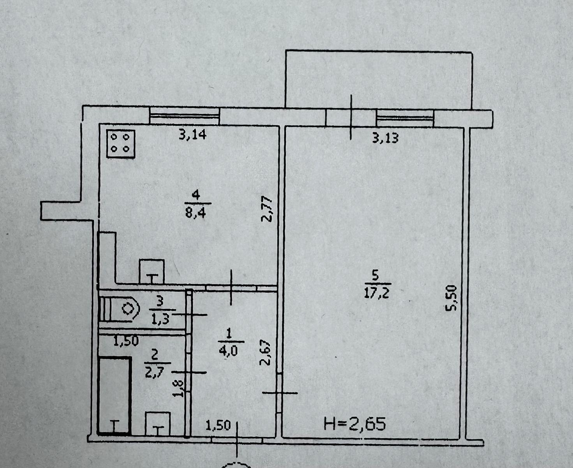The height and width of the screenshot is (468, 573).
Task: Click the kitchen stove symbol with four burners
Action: [121, 143]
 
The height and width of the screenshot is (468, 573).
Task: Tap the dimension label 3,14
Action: [192, 135]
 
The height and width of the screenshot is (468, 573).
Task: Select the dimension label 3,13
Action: [385, 138]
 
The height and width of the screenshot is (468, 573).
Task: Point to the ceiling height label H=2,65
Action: [355, 423]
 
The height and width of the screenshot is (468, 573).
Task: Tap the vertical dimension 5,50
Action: [451, 298]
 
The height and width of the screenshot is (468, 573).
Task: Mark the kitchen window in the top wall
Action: [185, 115]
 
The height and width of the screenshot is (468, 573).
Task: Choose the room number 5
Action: [375, 276]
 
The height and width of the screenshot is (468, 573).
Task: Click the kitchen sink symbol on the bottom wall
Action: [152, 272]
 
